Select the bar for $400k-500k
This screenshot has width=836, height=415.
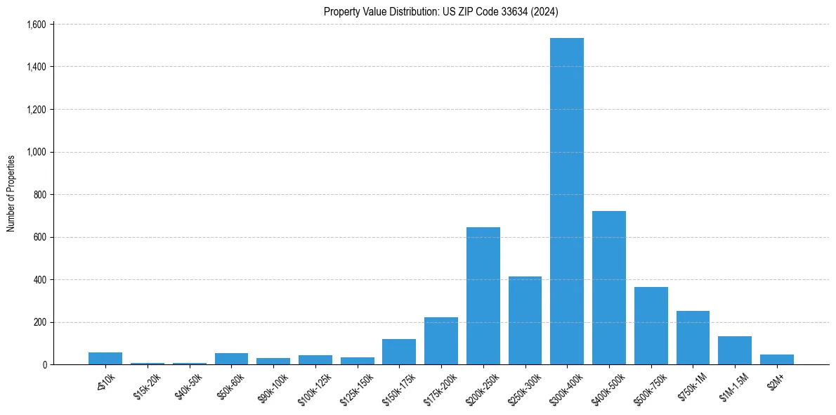tap(608, 288)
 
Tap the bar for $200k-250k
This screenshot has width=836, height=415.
tap(483, 295)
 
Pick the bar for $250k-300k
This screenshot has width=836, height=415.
tap(525, 320)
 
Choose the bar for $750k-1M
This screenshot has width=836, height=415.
tap(693, 338)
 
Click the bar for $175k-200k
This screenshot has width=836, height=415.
tap(441, 341)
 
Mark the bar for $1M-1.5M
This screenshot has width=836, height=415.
tap(735, 350)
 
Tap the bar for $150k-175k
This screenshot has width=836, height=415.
tap(399, 352)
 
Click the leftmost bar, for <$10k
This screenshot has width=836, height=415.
tap(105, 358)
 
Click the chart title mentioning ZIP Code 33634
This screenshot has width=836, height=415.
tap(441, 11)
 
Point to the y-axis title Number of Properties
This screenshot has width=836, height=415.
tap(11, 193)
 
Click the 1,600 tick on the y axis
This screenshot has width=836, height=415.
tap(35, 25)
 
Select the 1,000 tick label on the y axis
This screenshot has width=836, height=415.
tap(35, 152)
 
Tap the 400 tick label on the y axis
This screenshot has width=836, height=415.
tap(39, 280)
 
